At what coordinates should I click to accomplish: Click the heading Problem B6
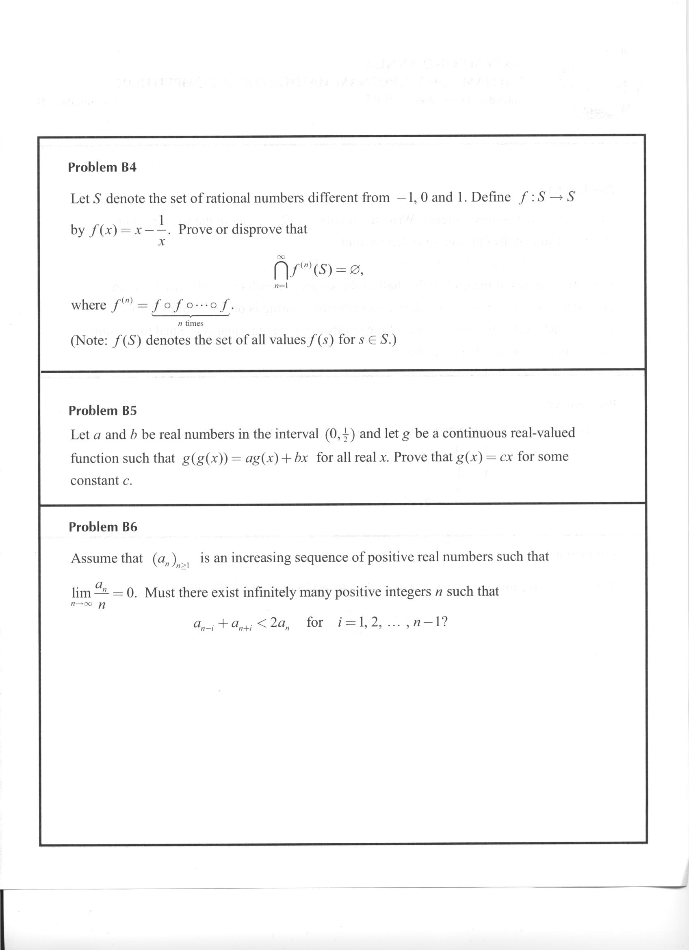pos(103,526)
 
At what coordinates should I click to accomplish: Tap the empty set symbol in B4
pos(354,271)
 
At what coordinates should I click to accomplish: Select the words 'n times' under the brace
pos(191,323)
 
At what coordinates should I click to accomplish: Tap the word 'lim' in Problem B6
pos(81,593)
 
